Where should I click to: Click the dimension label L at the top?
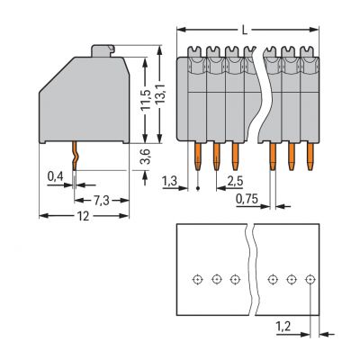(x=245, y=30)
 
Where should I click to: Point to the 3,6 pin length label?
(x=146, y=157)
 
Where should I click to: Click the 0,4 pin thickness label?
(x=55, y=176)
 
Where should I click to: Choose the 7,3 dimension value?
(x=102, y=201)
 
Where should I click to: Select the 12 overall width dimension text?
(x=84, y=216)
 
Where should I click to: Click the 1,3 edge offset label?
(x=170, y=181)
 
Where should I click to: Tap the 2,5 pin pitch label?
(x=235, y=181)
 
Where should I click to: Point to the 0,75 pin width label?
(x=247, y=199)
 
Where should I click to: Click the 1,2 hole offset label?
(x=283, y=326)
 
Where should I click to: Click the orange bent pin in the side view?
(x=75, y=157)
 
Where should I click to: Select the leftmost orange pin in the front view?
(x=198, y=157)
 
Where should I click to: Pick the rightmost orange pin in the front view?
(x=310, y=157)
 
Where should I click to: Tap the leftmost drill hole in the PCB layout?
(x=197, y=280)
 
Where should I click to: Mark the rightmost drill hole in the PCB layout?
(x=310, y=280)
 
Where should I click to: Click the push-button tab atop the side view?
(x=103, y=51)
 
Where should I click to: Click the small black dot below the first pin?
(x=198, y=188)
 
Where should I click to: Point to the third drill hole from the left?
(x=235, y=280)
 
